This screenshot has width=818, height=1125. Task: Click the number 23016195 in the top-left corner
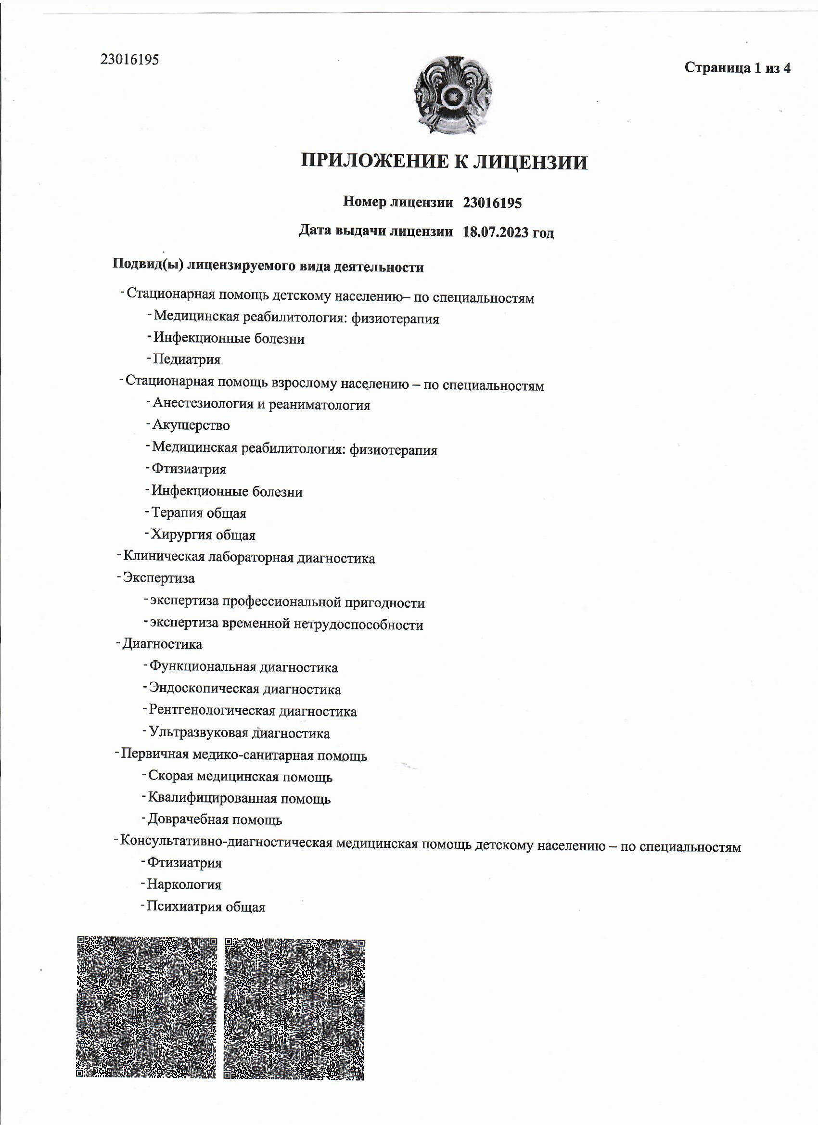(x=129, y=60)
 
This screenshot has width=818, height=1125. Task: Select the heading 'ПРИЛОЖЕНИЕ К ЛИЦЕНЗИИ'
(x=445, y=162)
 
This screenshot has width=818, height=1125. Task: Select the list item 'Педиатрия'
(x=187, y=359)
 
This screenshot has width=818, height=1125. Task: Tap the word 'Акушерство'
(x=191, y=425)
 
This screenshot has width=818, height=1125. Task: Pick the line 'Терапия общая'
(x=198, y=513)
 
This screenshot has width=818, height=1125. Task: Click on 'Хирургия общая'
(x=203, y=535)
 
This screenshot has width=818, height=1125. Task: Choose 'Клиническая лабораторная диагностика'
(x=248, y=558)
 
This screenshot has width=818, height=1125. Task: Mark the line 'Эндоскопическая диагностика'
(x=245, y=689)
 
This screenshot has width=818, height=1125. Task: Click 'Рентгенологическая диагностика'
(x=253, y=711)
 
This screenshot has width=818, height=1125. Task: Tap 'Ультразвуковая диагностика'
(x=239, y=733)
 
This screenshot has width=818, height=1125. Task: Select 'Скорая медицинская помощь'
(x=240, y=777)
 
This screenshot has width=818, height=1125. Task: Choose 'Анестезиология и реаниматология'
(x=261, y=405)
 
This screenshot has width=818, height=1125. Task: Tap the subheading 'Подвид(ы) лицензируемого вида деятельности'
(x=268, y=267)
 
